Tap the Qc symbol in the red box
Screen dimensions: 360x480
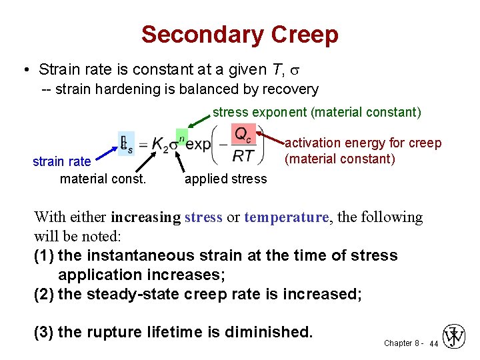[x=243, y=134]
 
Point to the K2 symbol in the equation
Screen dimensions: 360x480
[x=160, y=145]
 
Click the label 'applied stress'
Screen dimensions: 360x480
[x=225, y=179]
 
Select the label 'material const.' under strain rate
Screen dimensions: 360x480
[x=103, y=179]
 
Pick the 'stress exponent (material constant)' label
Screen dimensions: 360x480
[x=317, y=112]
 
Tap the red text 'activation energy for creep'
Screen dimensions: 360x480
[x=363, y=143]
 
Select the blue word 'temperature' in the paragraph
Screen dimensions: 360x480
[x=287, y=217]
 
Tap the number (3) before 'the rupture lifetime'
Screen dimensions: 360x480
[x=45, y=331]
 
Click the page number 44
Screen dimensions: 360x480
[x=433, y=343]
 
